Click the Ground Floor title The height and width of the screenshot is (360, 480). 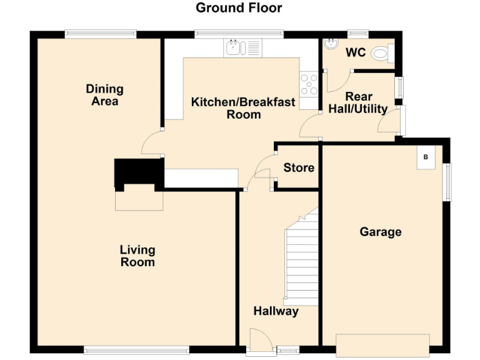[239, 8]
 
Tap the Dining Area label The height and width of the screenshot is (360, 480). [104, 95]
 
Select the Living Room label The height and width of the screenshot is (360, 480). [137, 256]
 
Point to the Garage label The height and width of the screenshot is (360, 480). [380, 232]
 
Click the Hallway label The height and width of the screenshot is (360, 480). [276, 311]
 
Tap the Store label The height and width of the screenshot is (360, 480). [299, 167]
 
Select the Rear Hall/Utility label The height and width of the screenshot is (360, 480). [358, 102]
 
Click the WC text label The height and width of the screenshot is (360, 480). [356, 52]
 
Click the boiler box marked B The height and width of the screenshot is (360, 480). [426, 157]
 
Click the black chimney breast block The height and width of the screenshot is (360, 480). [138, 172]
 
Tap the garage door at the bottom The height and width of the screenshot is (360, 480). [382, 344]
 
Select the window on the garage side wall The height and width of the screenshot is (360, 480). [446, 182]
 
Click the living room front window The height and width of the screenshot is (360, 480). [136, 350]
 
